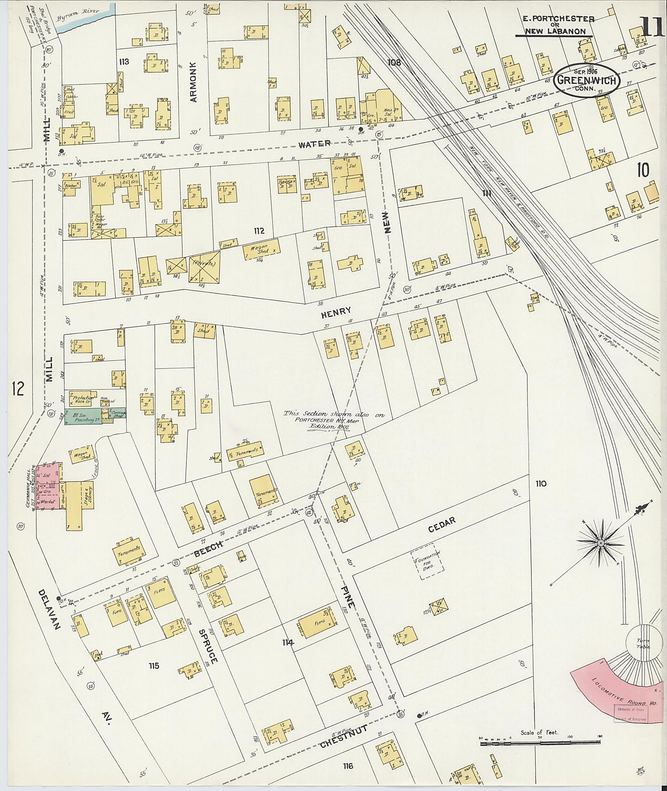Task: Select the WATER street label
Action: [x=314, y=144]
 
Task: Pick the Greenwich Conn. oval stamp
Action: [x=587, y=79]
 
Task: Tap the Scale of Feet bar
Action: [x=540, y=742]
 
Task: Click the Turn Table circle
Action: [x=643, y=643]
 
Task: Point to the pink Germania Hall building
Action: [x=47, y=487]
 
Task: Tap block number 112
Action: [x=259, y=231]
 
